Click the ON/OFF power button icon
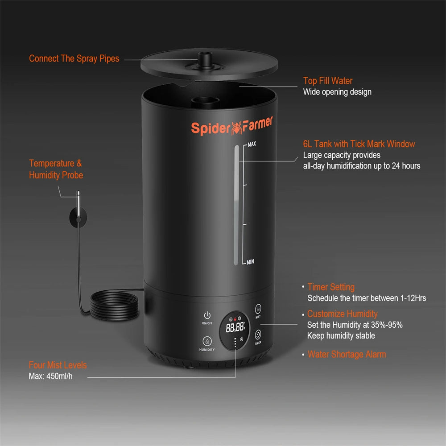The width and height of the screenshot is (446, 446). [x=207, y=315]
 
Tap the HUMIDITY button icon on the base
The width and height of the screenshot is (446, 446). [x=207, y=341]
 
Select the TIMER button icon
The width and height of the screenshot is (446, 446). [x=258, y=334]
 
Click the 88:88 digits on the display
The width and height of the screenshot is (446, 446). [x=235, y=327]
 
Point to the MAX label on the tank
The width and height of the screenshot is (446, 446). [x=252, y=144]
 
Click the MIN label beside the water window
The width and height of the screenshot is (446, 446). [x=250, y=262]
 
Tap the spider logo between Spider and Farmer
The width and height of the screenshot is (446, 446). [x=236, y=128]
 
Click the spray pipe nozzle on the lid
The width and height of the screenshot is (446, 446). [x=205, y=60]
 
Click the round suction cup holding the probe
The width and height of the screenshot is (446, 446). [x=78, y=217]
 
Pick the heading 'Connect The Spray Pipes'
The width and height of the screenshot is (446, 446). [x=74, y=58]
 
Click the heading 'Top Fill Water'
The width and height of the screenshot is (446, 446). [x=328, y=81]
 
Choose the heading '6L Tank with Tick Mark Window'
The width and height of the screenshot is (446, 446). [x=359, y=144]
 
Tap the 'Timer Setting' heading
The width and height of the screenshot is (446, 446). [x=331, y=287]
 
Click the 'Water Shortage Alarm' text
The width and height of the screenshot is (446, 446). [x=347, y=355]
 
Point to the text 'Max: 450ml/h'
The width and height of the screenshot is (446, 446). [x=51, y=376]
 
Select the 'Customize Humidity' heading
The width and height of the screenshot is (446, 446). [x=343, y=314]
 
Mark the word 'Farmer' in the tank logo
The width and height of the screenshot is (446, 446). [x=257, y=124]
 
